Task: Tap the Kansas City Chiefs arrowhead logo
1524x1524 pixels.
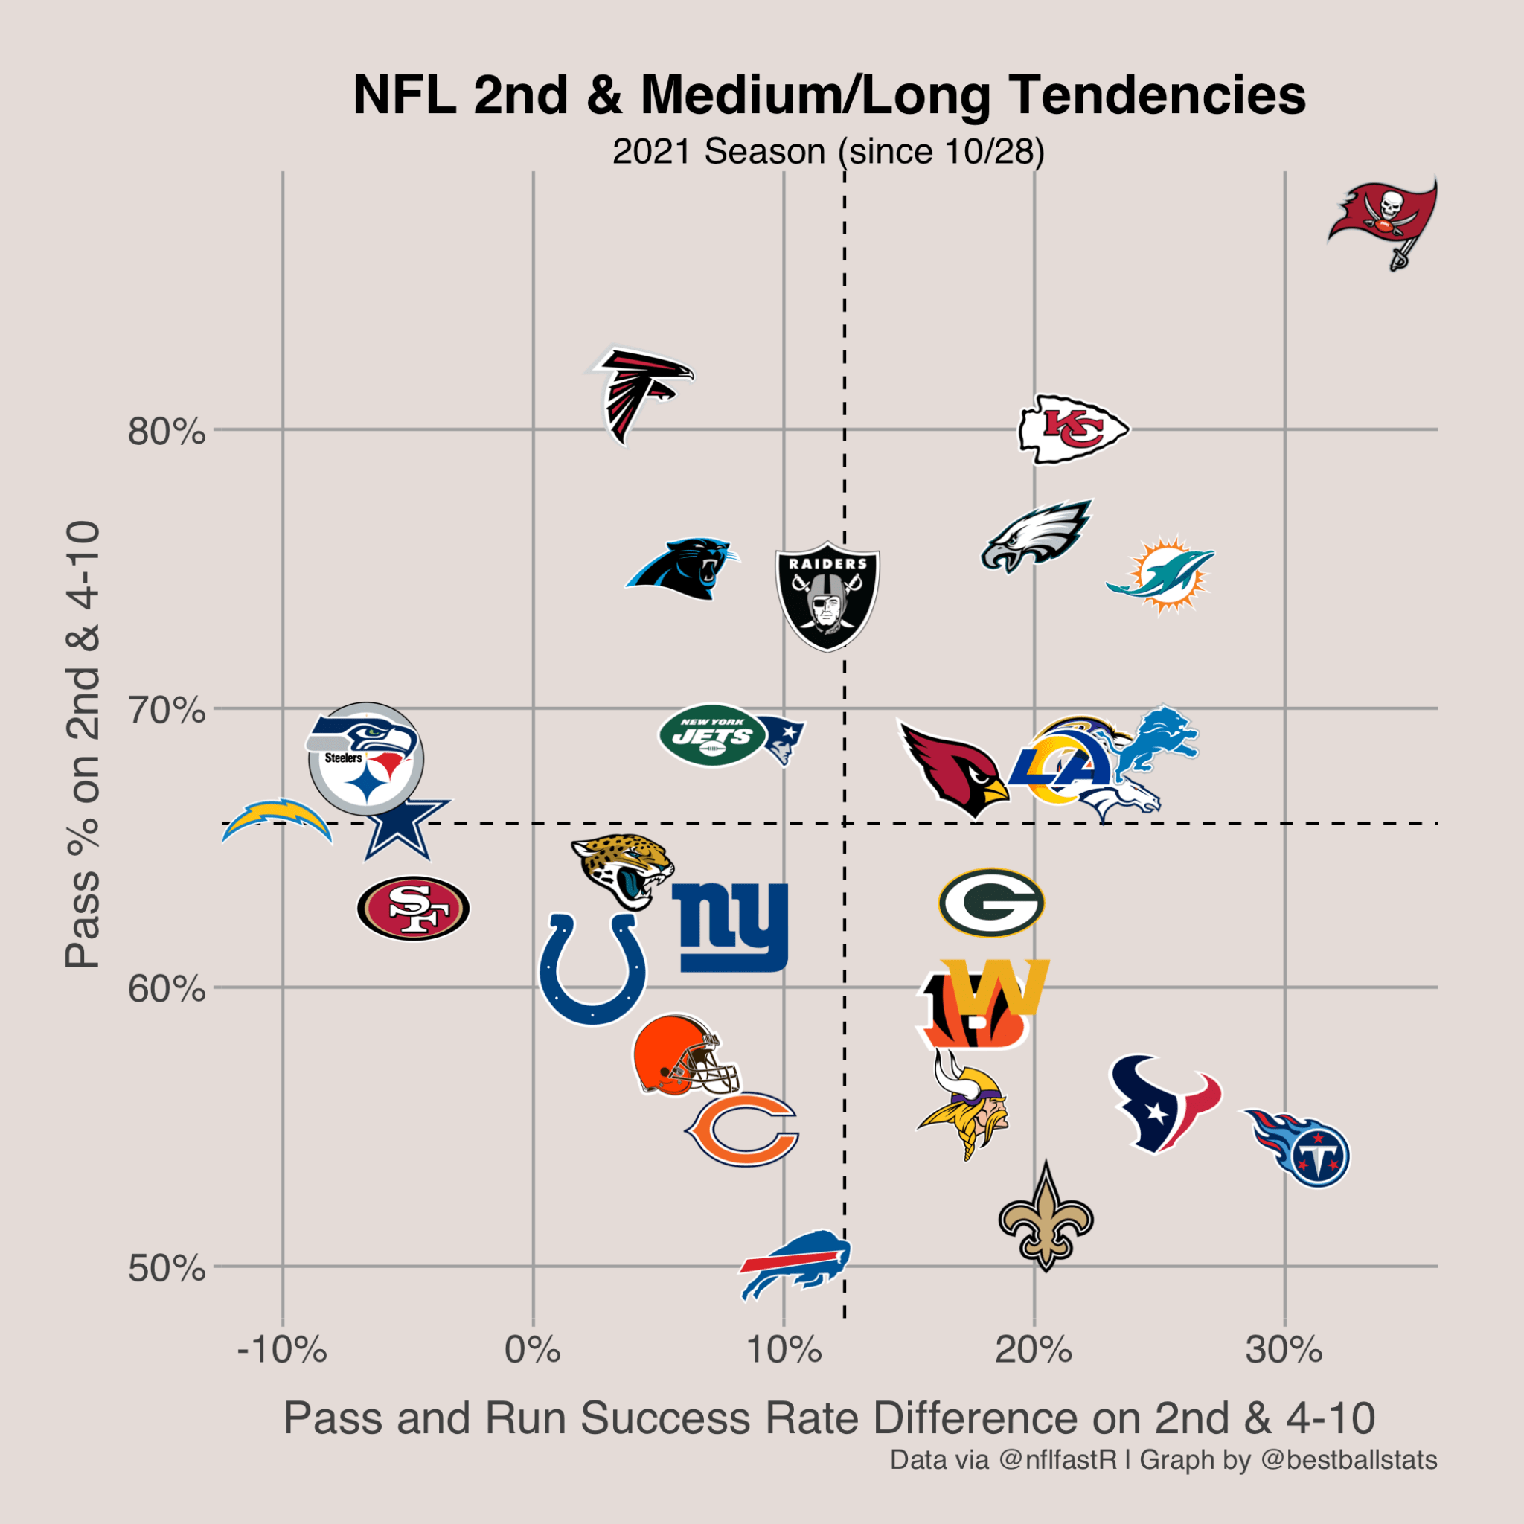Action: [1072, 429]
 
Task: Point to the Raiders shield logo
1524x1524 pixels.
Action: [827, 595]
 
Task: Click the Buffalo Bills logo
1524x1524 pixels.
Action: [795, 1264]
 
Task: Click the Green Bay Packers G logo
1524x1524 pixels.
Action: [991, 903]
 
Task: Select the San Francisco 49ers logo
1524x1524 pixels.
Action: [413, 909]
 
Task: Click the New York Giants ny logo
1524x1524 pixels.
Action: [731, 927]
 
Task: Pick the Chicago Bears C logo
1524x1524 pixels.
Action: [742, 1130]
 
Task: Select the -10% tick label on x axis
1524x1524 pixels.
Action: [282, 1351]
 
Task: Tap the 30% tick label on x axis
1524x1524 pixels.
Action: [1284, 1351]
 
